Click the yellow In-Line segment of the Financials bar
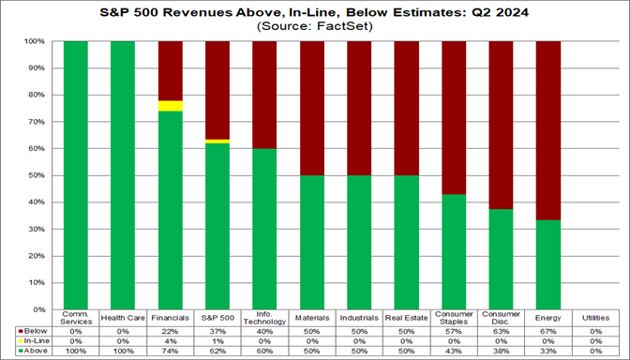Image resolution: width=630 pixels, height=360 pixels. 170,106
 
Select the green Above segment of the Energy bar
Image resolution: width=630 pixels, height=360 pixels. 547,263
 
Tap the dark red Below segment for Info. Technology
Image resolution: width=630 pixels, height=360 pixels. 264,95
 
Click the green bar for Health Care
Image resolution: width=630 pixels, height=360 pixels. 122,174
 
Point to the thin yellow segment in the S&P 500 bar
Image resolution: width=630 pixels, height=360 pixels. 217,141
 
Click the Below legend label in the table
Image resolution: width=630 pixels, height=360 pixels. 35,330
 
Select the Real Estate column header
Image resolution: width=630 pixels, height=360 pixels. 407,318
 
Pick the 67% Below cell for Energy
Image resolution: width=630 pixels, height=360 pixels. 547,330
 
